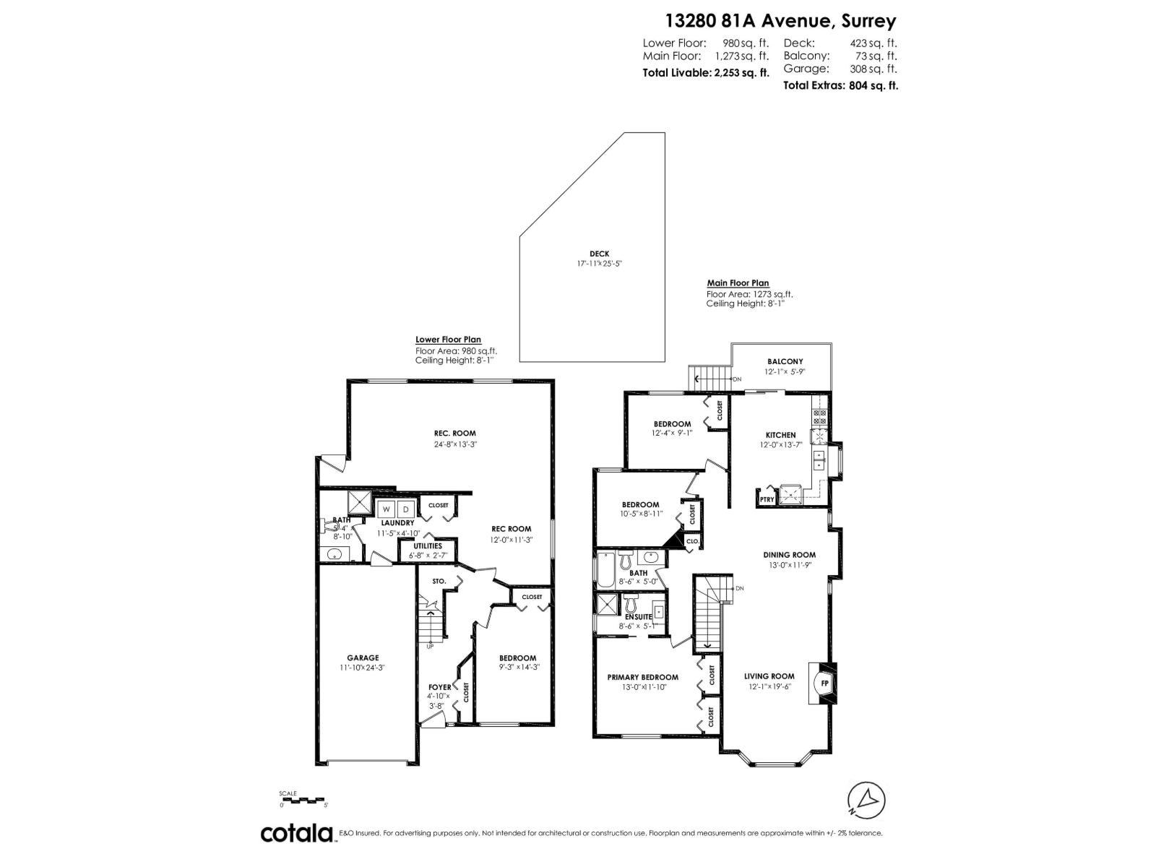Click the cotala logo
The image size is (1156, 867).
[297, 833]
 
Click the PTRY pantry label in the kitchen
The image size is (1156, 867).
[766, 499]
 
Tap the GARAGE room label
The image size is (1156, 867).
[363, 657]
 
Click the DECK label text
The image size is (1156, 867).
[599, 254]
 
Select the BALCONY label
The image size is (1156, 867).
[785, 361]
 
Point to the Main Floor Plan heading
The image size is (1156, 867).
[738, 283]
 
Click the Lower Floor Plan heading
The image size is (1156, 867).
[448, 340]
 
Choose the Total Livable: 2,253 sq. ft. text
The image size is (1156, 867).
[706, 72]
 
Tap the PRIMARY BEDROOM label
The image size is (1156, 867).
[642, 677]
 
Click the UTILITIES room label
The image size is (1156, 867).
[428, 545]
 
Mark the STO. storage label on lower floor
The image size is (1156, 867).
[439, 581]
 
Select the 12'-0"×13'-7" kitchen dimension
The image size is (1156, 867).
[780, 445]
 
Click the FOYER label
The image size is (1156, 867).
[440, 687]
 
